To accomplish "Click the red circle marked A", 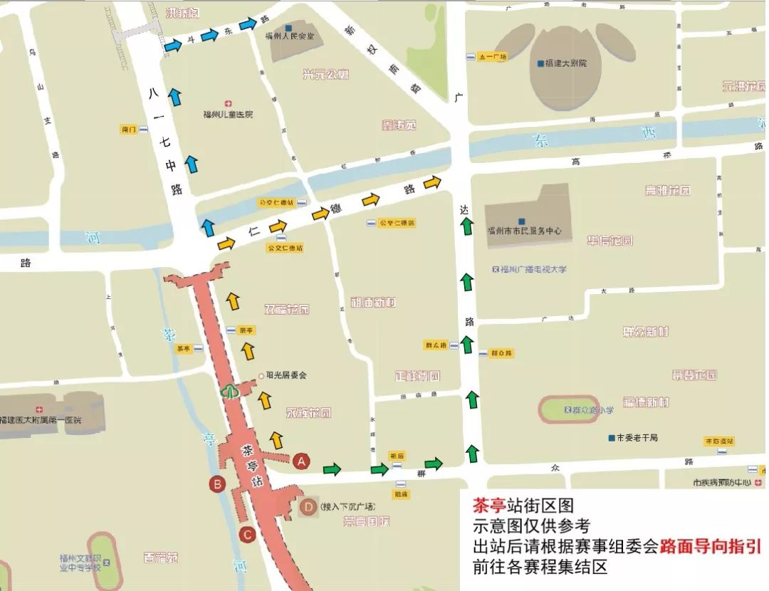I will [x=301, y=461].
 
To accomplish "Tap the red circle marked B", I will [x=217, y=484].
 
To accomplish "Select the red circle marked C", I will [x=247, y=534].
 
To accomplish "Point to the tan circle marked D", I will [x=308, y=507].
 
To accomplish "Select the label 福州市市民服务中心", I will [x=524, y=231].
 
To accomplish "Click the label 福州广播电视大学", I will [x=533, y=269].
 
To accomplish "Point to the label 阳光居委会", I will [x=286, y=375].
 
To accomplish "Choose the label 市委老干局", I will [x=636, y=437].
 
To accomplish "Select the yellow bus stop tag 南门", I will [x=129, y=130].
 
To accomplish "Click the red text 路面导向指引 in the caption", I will [x=710, y=547].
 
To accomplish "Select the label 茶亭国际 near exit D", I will [x=366, y=522].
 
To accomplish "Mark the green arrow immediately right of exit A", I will [x=332, y=469].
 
